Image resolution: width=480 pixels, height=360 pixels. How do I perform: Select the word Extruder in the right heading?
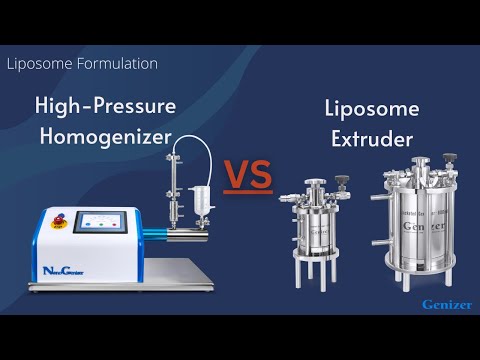(x=370, y=140)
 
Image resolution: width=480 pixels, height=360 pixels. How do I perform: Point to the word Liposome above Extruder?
(x=371, y=109)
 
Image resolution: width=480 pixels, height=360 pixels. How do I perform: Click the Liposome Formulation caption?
(x=82, y=63)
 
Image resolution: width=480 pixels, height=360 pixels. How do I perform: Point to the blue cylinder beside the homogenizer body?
(x=155, y=237)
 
